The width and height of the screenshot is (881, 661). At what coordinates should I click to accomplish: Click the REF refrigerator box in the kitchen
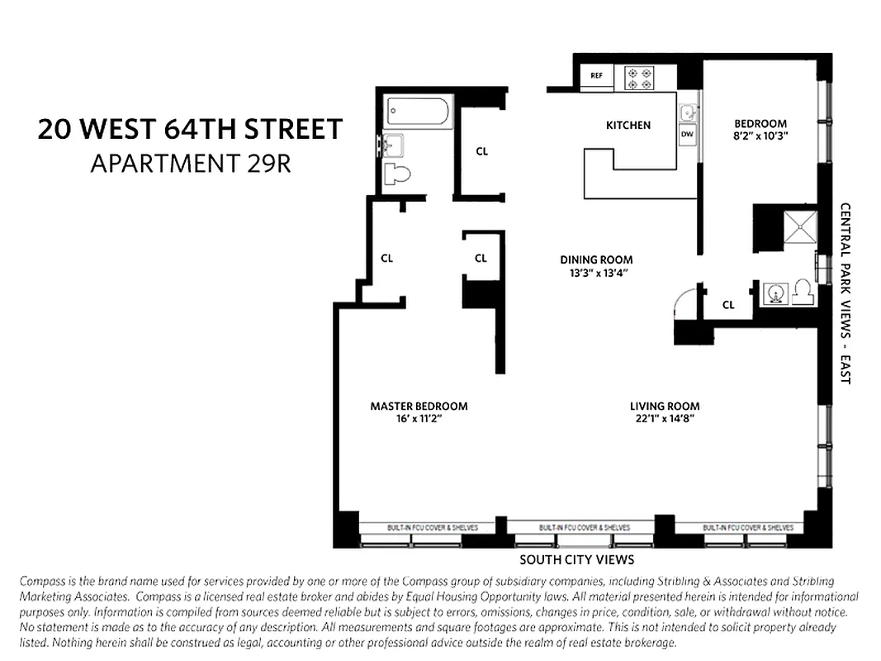coord(596,76)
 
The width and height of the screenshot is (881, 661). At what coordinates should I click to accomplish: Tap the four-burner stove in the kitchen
coord(640,78)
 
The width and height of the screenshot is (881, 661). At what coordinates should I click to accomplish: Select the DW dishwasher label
coord(687,133)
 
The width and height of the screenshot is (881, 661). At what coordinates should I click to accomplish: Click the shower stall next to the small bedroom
coord(799,226)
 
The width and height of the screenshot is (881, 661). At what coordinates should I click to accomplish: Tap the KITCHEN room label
coord(628,126)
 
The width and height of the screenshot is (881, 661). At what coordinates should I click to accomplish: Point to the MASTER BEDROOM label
coord(419,406)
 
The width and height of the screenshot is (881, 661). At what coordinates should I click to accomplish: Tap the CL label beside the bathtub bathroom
coord(482,151)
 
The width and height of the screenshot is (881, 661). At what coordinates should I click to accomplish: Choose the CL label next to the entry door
coord(728,305)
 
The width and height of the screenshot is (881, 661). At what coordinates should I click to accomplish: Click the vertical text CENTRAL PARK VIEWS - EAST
coord(845,293)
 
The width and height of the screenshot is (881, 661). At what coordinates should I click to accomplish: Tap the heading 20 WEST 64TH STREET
coord(190,131)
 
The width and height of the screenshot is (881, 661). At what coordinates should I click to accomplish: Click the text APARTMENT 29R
coord(190,164)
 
